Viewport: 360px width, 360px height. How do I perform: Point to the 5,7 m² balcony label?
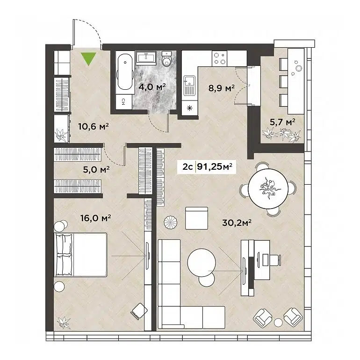[x=282, y=122]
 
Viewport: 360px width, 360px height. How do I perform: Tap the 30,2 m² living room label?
[x=238, y=223]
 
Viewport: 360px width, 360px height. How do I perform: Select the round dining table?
[x=267, y=188]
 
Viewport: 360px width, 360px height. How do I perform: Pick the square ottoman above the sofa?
[x=196, y=218]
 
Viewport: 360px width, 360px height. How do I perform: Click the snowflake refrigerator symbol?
[x=189, y=108]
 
